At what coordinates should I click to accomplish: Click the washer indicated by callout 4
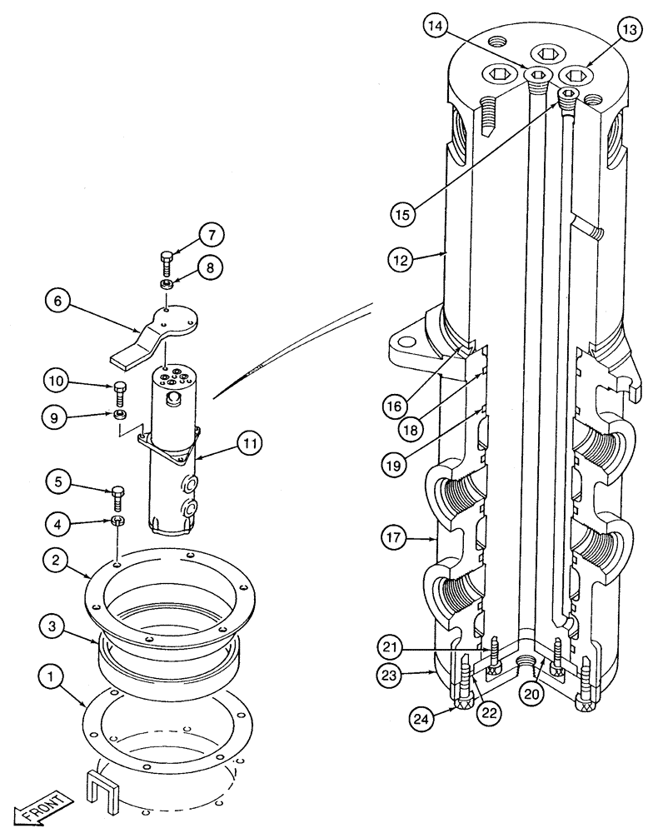tap(118, 521)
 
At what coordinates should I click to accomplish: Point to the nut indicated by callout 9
tap(119, 413)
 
